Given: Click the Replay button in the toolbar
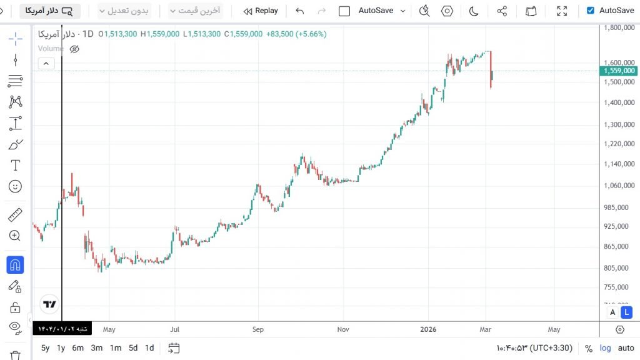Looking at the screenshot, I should (x=261, y=11).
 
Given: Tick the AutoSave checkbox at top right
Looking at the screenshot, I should (x=591, y=11).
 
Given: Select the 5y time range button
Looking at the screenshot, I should (x=46, y=348).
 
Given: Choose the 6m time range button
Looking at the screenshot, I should (x=77, y=348).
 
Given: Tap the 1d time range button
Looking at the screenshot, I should (x=149, y=348).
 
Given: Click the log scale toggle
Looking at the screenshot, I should (x=606, y=348).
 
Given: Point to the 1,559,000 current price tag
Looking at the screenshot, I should (x=619, y=71).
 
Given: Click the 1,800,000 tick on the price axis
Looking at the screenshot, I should (x=620, y=27).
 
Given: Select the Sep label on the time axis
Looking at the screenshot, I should (x=258, y=329).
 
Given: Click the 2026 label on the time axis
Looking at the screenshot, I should (x=428, y=329).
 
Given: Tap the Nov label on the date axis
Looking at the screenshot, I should (x=342, y=329).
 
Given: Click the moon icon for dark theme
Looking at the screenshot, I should (x=474, y=11).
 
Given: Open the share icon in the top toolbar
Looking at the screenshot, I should (x=502, y=11).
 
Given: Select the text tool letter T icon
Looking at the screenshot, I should (x=16, y=166).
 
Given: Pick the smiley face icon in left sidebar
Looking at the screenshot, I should (x=16, y=186).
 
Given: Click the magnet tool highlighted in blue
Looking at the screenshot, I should (x=16, y=265).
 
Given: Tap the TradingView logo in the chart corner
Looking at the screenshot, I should (x=49, y=304).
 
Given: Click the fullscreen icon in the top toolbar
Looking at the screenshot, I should (x=562, y=11).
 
